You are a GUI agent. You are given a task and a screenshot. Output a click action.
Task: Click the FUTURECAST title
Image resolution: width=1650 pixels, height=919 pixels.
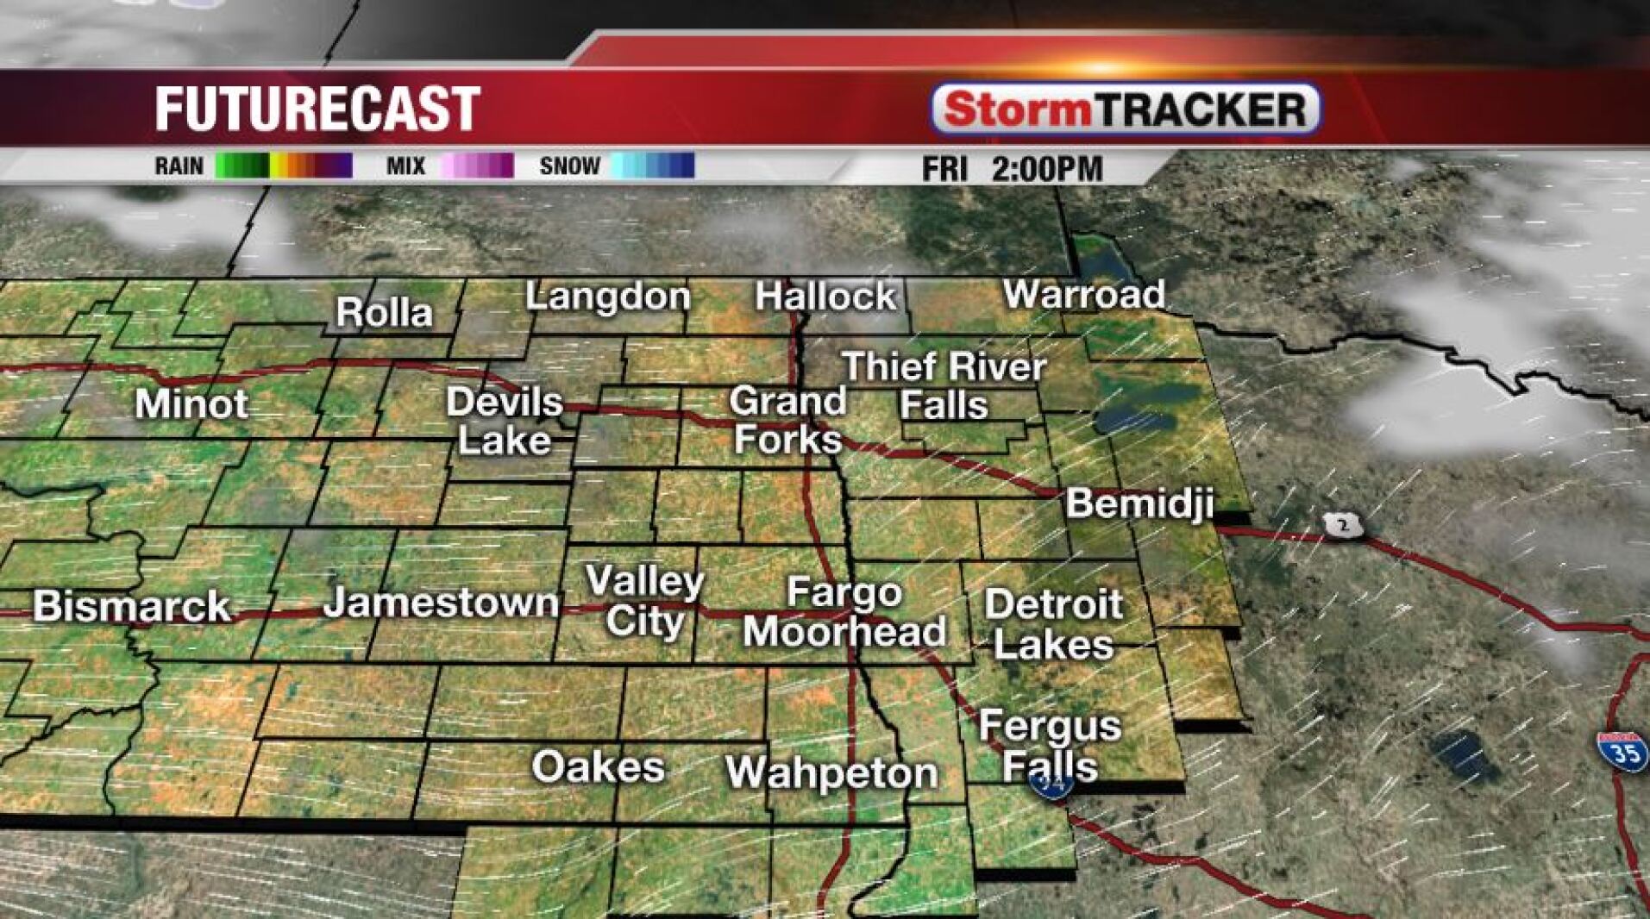click(x=317, y=109)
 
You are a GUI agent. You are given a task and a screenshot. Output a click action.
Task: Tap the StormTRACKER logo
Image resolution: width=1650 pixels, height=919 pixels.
click(x=1126, y=109)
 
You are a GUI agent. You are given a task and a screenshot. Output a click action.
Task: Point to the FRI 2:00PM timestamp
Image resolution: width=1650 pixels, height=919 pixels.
click(x=1012, y=168)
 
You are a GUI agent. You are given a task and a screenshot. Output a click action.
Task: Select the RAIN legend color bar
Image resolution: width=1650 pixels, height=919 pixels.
click(x=284, y=166)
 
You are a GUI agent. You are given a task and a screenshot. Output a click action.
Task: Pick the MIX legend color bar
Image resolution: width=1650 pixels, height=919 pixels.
click(x=477, y=166)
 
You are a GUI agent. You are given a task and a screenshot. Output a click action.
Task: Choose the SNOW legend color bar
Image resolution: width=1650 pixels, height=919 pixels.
click(x=652, y=166)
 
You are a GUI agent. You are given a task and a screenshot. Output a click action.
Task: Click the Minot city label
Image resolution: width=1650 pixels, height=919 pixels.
click(x=191, y=404)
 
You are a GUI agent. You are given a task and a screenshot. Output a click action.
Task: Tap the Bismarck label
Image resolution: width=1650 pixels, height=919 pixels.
click(x=132, y=607)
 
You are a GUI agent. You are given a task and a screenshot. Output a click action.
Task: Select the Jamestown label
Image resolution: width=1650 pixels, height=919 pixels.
click(x=441, y=603)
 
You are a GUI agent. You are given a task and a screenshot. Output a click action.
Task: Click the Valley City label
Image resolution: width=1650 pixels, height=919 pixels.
click(x=645, y=602)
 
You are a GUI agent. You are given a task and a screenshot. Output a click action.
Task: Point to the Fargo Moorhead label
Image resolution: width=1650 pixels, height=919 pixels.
click(x=844, y=612)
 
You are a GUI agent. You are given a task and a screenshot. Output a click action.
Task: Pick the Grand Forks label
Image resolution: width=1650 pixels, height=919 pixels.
click(x=787, y=421)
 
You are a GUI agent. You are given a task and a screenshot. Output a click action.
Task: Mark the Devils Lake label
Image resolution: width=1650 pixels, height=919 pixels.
click(x=505, y=421)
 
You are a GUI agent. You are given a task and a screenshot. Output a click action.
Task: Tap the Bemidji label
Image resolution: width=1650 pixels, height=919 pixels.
click(x=1139, y=504)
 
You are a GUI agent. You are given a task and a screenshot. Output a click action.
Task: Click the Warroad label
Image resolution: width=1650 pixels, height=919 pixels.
click(x=1083, y=295)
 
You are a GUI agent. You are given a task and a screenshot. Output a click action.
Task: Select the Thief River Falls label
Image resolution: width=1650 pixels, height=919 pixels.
click(x=944, y=385)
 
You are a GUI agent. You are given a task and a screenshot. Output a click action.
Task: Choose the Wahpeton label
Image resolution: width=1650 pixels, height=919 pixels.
click(x=831, y=772)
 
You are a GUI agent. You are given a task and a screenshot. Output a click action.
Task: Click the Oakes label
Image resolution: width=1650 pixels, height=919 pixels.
click(x=598, y=766)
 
